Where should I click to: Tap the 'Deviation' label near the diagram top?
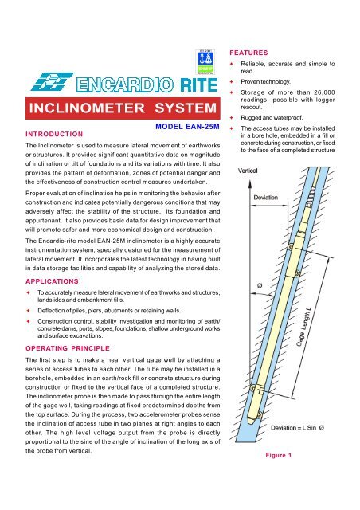(x=271, y=196)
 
